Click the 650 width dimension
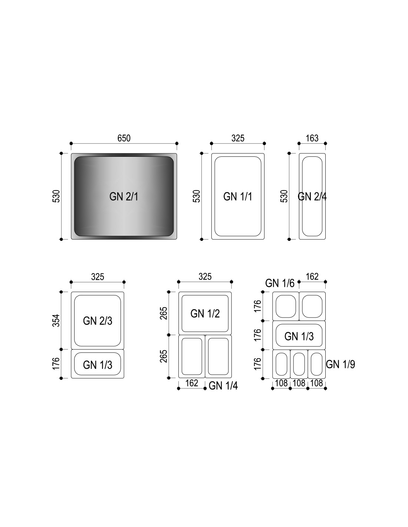click(124, 138)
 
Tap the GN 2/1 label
click(124, 196)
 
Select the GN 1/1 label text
click(238, 196)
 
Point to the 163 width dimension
click(312, 138)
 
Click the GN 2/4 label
click(312, 196)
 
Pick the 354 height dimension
click(56, 320)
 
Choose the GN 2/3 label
click(98, 321)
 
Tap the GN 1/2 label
click(205, 314)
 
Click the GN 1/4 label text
click(223, 386)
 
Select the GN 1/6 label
click(280, 283)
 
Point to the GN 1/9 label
click(340, 364)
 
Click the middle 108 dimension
click(299, 383)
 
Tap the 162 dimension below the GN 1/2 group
click(192, 383)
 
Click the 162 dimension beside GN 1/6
click(312, 276)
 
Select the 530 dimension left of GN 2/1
click(56, 196)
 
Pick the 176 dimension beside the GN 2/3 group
click(56, 363)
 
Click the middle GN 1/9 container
click(299, 364)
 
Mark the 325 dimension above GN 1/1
click(238, 138)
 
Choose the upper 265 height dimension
click(164, 313)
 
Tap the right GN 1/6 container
click(312, 306)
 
